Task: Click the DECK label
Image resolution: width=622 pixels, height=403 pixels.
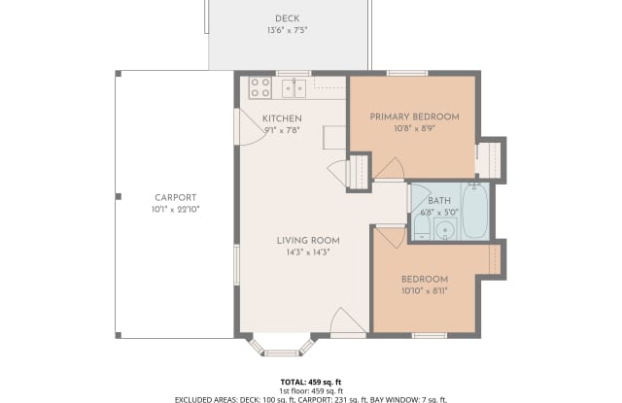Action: [x=288, y=18]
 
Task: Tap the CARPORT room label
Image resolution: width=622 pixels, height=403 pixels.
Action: [x=176, y=198]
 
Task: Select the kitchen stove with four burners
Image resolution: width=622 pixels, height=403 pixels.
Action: [x=260, y=87]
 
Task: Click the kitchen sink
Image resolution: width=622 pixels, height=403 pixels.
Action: [x=294, y=88]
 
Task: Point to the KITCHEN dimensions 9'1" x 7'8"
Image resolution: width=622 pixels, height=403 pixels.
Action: [x=283, y=130]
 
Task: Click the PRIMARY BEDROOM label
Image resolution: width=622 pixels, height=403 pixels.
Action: [x=415, y=117]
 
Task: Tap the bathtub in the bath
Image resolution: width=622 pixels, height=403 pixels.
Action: [x=475, y=211]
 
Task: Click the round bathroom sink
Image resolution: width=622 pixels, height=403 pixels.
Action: [x=445, y=230]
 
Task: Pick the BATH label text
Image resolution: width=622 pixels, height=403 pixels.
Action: [x=439, y=200]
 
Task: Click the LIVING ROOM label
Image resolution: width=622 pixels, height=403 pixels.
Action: [x=308, y=241]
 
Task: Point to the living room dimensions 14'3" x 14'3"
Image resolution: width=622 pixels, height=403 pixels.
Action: [x=308, y=252]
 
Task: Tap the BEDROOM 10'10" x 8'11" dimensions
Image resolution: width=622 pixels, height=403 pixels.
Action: [x=425, y=291]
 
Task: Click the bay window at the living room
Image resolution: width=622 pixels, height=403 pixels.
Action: [x=282, y=349]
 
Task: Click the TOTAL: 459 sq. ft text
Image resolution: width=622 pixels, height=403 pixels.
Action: [x=311, y=382]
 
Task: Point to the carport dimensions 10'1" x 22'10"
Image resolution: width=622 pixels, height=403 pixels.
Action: [x=175, y=210]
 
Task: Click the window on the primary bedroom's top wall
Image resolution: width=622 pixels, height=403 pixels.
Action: [x=407, y=73]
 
